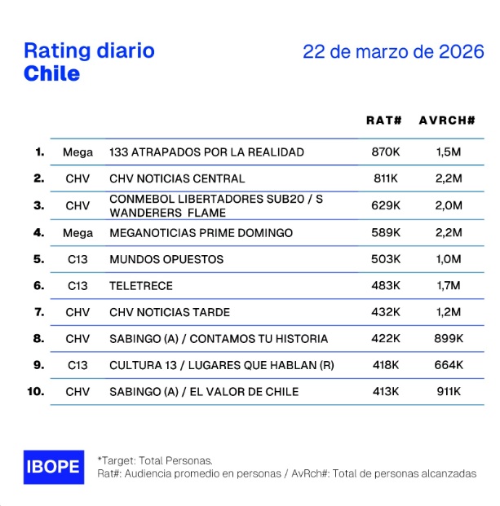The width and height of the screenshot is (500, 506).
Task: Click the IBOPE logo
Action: (x=53, y=467)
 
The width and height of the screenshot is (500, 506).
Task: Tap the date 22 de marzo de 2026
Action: (x=392, y=51)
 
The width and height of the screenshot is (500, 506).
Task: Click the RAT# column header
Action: (x=384, y=121)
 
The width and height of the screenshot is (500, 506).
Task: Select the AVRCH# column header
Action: (x=447, y=121)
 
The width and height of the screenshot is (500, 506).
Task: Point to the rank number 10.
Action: (x=36, y=391)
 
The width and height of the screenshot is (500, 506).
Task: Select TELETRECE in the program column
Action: (x=141, y=286)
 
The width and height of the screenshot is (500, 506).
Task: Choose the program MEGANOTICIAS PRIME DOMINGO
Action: (x=201, y=233)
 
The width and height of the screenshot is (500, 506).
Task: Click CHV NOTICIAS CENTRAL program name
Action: (x=177, y=178)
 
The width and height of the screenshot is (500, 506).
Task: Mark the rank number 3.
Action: (x=38, y=205)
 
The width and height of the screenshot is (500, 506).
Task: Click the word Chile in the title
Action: (x=52, y=73)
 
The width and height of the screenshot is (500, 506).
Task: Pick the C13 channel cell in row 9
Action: (x=77, y=365)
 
